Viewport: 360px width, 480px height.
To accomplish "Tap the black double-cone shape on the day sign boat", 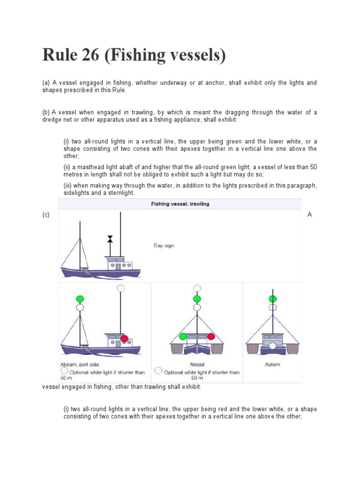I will [x=110, y=239].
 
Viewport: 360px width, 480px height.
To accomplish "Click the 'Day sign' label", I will [x=164, y=246].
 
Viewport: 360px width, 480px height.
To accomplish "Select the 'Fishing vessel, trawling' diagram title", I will [x=180, y=204].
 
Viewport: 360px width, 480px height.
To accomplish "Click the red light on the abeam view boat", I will [x=124, y=338].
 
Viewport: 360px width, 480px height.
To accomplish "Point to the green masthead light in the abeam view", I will [x=80, y=299].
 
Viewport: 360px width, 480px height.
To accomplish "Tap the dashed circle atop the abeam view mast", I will [x=120, y=288].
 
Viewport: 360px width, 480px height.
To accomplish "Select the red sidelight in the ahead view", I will [x=211, y=336].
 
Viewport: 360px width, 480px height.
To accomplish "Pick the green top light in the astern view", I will [x=272, y=299].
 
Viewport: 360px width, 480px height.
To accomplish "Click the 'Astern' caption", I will [x=272, y=365].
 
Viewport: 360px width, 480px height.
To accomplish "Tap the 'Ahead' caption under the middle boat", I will [x=197, y=365].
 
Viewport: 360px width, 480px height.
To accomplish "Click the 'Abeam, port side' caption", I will [x=80, y=365].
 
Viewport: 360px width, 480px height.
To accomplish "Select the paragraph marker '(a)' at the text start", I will [x=46, y=82].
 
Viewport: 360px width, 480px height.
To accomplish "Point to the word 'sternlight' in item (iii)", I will [x=120, y=193].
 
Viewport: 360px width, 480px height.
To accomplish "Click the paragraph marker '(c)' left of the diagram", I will [x=46, y=215].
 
